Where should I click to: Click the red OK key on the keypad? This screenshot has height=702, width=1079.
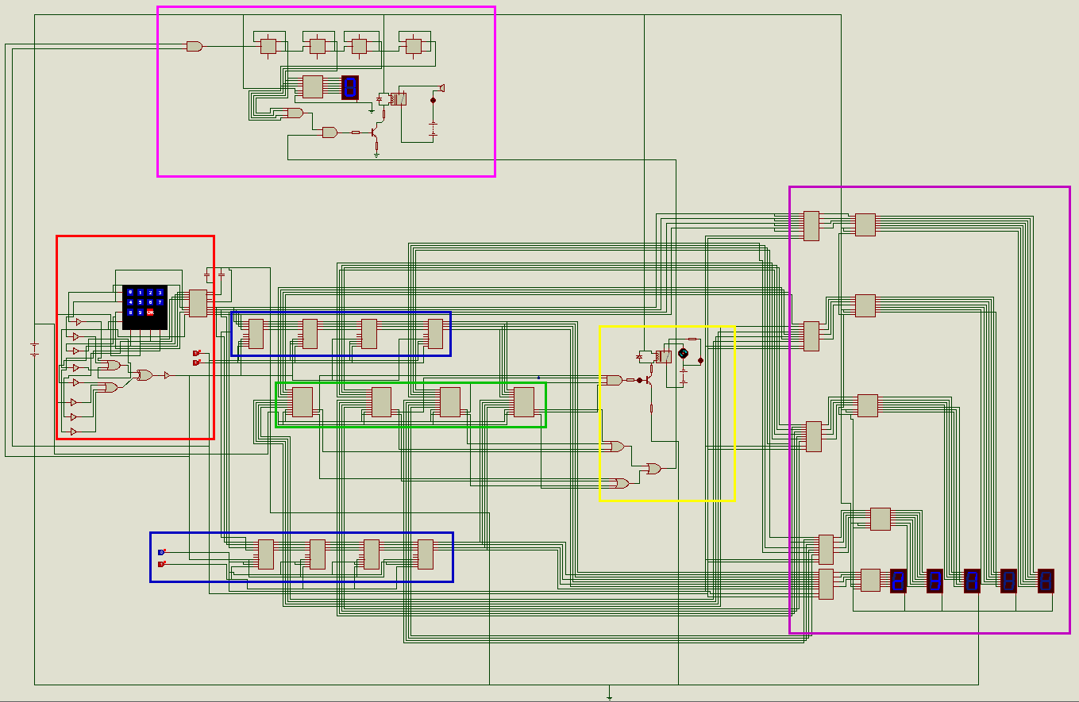point(150,312)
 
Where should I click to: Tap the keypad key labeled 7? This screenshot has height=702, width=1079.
point(160,302)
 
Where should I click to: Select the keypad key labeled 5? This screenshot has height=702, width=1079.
point(141,302)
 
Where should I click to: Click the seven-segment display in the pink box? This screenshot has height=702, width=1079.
point(350,87)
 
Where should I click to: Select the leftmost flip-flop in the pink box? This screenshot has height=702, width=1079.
point(268,46)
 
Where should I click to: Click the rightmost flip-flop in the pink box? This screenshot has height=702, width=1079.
point(413,46)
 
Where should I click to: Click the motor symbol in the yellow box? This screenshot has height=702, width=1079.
point(683,353)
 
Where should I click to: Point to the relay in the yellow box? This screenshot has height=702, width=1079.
point(663,356)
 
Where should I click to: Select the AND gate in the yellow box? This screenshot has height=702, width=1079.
point(614,380)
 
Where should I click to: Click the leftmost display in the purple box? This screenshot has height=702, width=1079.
point(898,580)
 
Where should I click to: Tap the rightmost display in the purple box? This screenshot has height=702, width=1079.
point(1046,580)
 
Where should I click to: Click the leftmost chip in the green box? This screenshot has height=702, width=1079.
point(303,402)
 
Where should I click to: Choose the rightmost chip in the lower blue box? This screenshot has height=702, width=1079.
point(426,554)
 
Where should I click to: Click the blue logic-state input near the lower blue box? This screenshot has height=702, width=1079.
point(161,552)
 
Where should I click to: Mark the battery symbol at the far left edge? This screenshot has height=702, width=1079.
point(34,349)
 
